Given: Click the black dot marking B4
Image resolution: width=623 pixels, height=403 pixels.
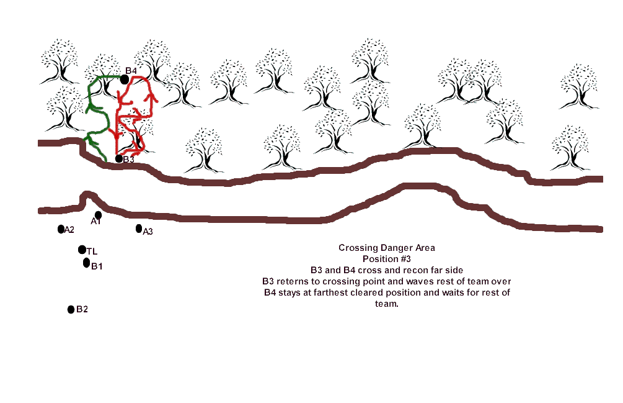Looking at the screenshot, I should pos(125,79).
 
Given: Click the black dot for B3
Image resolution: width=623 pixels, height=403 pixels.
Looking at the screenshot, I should pos(119,158).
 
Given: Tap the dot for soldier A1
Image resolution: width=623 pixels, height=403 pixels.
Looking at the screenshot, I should pos(99,215).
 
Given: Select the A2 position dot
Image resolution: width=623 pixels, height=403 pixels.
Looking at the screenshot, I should pos(61,229).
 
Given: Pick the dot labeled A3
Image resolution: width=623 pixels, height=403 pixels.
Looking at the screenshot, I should pos(139,229).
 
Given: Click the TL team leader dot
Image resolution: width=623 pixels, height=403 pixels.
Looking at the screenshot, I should pos(82,250).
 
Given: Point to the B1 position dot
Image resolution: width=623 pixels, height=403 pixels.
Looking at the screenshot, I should pos(86,263).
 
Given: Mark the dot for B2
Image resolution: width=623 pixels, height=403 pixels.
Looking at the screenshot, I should pos(71,309).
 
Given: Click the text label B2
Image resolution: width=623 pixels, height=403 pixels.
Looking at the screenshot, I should pos(82,309).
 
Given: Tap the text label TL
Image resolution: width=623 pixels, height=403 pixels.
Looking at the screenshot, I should pos(92,251).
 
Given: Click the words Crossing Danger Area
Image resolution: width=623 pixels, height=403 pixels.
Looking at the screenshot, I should pos(387,248).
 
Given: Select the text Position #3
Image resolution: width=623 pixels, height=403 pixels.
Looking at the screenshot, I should pos(387,259).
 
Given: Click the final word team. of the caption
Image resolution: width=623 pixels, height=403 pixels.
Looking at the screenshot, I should pos(387,304).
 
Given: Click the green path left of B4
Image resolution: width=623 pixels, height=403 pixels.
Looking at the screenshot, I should pos(91,99).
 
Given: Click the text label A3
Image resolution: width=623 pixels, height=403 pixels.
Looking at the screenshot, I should pos(148,232).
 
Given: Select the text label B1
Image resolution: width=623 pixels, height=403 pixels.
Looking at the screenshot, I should pos(97,266).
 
